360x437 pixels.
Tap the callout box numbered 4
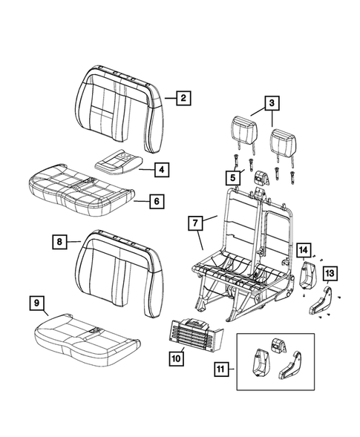click(x=160, y=170)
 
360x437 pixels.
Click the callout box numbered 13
click(x=330, y=274)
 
